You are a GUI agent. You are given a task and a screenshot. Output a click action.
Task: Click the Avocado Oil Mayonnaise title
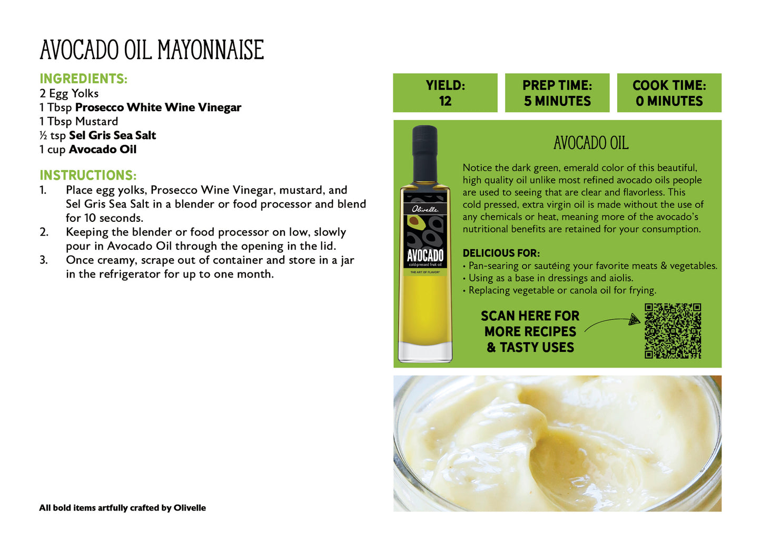pos(152,50)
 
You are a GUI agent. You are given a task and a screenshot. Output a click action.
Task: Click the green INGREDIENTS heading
pos(83,79)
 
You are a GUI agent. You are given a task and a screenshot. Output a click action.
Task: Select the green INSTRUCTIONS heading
pos(88,175)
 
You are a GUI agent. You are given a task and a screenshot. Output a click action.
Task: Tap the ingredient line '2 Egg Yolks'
pos(69,94)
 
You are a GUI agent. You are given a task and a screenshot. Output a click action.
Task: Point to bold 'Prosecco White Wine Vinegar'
pos(158,107)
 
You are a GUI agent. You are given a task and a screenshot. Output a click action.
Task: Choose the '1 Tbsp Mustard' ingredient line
pos(78,122)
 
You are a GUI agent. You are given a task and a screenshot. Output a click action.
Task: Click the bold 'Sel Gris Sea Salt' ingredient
pos(112,135)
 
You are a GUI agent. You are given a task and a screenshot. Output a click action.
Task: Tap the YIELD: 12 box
pos(445,93)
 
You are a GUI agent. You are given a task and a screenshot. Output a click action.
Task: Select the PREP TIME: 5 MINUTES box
pos(557,93)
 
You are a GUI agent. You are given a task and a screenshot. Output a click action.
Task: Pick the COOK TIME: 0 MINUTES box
pos(669,93)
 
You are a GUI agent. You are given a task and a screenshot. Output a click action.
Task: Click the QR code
pos(673,331)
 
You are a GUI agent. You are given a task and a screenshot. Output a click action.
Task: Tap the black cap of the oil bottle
pos(425,153)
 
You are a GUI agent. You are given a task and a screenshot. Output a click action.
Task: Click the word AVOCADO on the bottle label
pos(425,256)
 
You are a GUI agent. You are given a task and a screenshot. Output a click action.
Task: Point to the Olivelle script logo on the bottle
pos(425,209)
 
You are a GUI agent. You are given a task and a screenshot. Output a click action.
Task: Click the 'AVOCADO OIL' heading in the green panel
pos(591,143)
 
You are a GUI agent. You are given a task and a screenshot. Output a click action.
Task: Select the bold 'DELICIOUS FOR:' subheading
pos(501,253)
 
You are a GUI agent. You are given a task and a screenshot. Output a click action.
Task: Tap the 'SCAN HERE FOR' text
pos(530,316)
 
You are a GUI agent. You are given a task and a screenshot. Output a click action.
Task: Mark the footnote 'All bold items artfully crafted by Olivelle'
pos(122,508)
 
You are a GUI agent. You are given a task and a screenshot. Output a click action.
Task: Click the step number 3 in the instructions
pos(44,260)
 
